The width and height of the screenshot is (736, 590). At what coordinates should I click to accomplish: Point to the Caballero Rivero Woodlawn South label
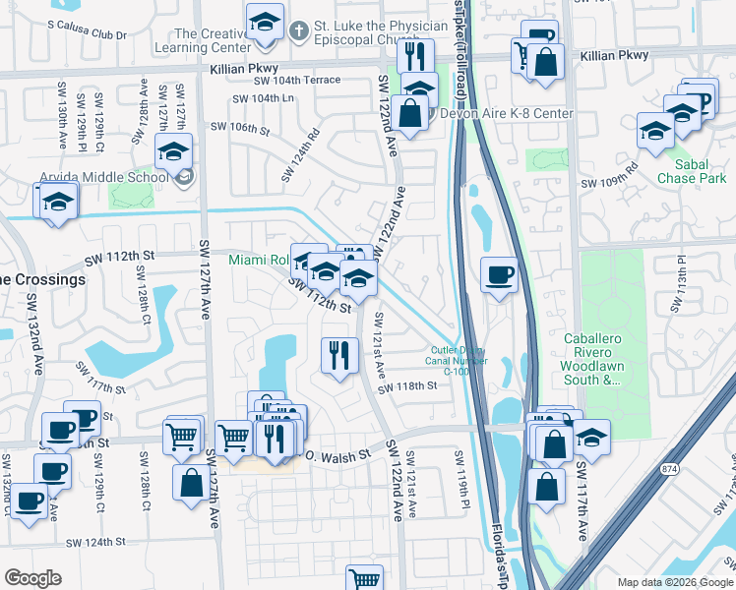tap(592, 358)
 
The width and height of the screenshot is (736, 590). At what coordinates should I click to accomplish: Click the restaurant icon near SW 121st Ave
tap(339, 355)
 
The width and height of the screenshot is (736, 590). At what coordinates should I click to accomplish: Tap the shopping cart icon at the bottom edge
tap(363, 579)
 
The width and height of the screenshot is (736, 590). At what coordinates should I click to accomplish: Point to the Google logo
tap(32, 578)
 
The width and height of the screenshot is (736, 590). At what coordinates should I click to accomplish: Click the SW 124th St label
tap(96, 542)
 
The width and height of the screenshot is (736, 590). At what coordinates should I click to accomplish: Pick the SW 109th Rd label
tap(609, 183)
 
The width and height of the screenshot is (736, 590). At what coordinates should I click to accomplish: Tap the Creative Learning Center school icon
tap(264, 26)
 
